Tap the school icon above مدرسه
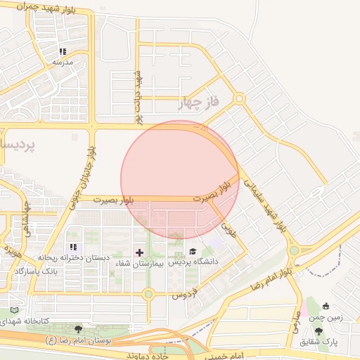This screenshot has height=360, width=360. (x=63, y=51)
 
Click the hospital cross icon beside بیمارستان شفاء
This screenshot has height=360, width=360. (x=139, y=252)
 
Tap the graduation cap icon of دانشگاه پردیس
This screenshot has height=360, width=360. (x=193, y=252)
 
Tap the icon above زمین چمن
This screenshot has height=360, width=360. (x=326, y=306)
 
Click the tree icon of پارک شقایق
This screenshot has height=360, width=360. (x=319, y=330)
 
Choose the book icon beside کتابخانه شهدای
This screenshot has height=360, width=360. (x=15, y=310)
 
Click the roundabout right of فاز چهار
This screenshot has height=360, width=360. (x=239, y=99)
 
